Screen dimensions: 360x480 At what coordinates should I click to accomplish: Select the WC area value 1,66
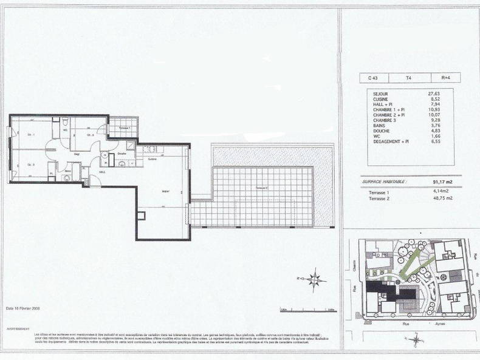tap(435, 135)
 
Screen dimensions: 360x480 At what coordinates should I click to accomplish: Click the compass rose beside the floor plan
tap(314, 279)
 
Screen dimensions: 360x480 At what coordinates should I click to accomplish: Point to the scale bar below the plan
tap(308, 311)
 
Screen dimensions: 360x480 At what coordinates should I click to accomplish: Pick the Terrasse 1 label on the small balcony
tap(124, 129)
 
